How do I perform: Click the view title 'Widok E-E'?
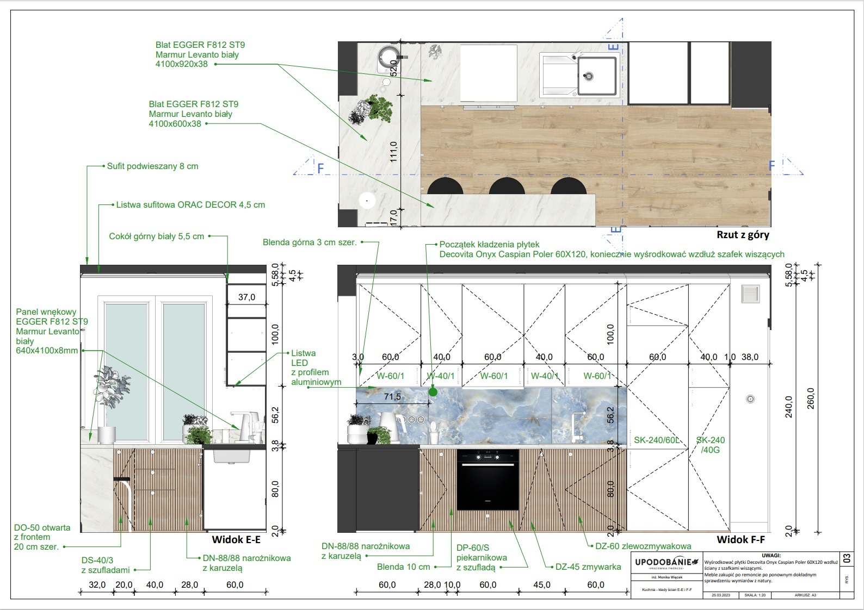pyautogui.click(x=236, y=539)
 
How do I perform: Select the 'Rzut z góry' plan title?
pyautogui.click(x=743, y=235)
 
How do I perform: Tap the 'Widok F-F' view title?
pyautogui.click(x=740, y=539)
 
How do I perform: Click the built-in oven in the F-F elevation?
pyautogui.click(x=487, y=480)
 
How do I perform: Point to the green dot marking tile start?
pyautogui.click(x=433, y=391)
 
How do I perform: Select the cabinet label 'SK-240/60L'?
pyautogui.click(x=656, y=440)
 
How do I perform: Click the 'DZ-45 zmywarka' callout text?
pyautogui.click(x=588, y=567)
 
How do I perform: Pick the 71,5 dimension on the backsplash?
pyautogui.click(x=392, y=397)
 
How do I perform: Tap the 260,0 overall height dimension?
pyautogui.click(x=811, y=399)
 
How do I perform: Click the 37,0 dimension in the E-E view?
pyautogui.click(x=246, y=297)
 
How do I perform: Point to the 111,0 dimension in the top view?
pyautogui.click(x=393, y=152)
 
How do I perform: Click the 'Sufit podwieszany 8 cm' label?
pyautogui.click(x=152, y=166)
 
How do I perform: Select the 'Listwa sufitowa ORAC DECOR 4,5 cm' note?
pyautogui.click(x=190, y=205)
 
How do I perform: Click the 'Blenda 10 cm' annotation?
pyautogui.click(x=403, y=567)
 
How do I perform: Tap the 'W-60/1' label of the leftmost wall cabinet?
pyautogui.click(x=390, y=376)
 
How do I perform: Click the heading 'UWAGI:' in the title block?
pyautogui.click(x=771, y=555)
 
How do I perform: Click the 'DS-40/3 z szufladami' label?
pyautogui.click(x=106, y=565)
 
